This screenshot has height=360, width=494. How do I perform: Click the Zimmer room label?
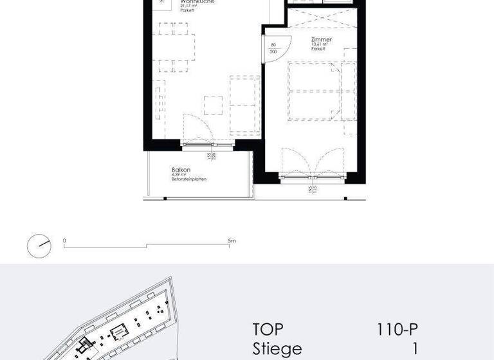(x=322, y=39)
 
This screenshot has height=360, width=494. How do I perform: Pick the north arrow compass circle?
(x=39, y=246)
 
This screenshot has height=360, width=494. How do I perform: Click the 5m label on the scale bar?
(x=232, y=240)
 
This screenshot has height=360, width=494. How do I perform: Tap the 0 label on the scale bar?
(x=64, y=240)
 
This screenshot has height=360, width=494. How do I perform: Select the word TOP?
(x=268, y=330)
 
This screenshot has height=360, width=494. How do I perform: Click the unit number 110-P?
(x=398, y=330)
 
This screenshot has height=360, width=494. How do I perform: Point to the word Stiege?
(x=277, y=349)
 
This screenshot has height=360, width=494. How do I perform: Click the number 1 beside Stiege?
(x=414, y=349)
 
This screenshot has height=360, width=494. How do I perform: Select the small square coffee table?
(x=213, y=105)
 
